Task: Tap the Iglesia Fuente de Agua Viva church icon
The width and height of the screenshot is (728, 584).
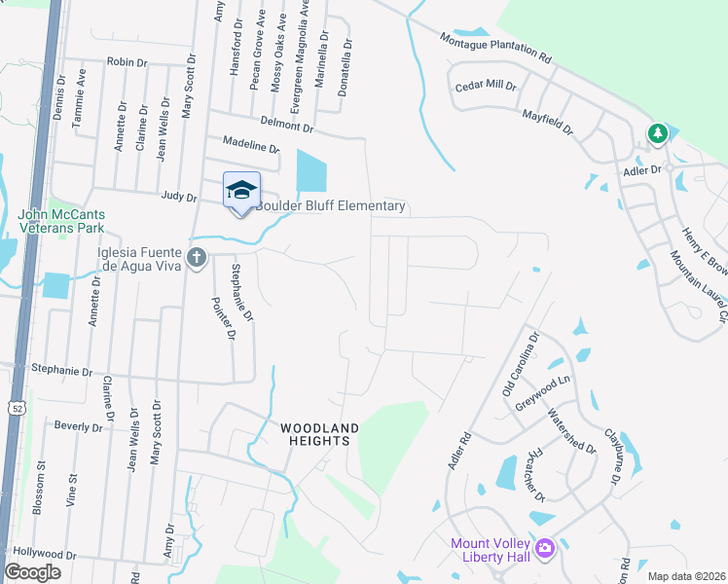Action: click(x=197, y=258)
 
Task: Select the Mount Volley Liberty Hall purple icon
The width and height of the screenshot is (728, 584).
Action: click(x=544, y=550)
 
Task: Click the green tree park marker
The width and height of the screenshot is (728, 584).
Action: click(x=658, y=133)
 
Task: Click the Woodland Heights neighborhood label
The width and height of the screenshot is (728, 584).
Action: click(x=320, y=434)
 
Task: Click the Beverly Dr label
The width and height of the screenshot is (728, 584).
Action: click(x=78, y=426)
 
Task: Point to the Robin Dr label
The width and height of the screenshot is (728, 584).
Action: click(x=127, y=61)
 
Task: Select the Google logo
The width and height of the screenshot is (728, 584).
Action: click(x=33, y=572)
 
